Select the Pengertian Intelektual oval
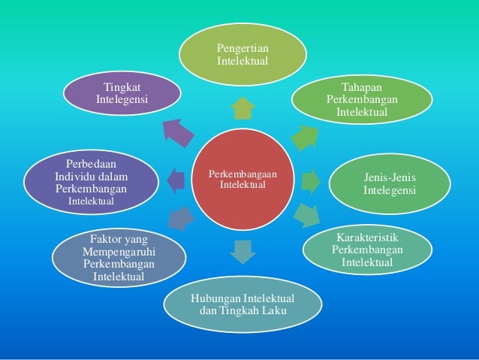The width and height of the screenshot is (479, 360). [x=242, y=54]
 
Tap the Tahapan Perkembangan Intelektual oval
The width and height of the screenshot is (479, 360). [x=362, y=101]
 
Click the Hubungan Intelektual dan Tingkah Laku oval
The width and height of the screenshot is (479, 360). [x=243, y=305]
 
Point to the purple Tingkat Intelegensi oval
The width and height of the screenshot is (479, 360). [x=121, y=93]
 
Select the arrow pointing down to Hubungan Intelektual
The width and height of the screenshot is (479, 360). [x=242, y=251]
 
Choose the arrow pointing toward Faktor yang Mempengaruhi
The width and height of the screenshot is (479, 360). [x=180, y=219]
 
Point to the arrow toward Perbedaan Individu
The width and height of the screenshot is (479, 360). [x=175, y=180]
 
